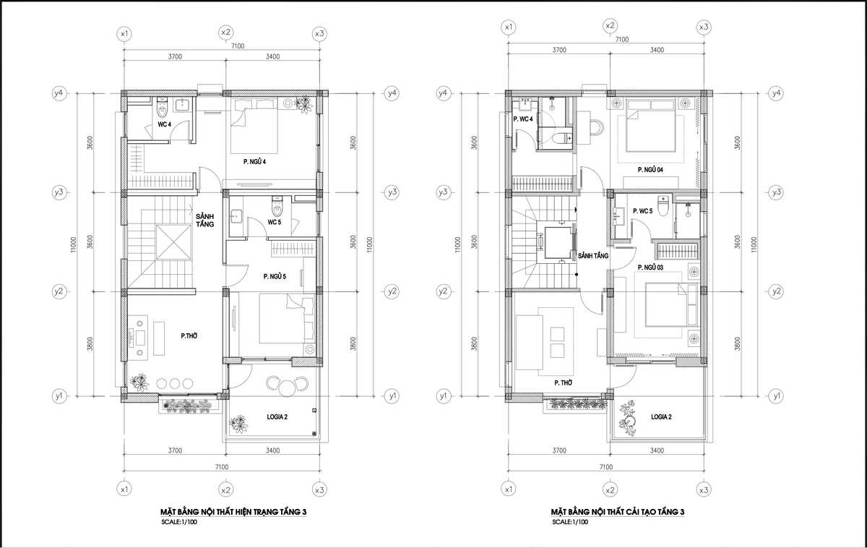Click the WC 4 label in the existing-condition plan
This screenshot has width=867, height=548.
pyautogui.click(x=164, y=124)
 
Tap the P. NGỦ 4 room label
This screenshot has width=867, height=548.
pyautogui.click(x=254, y=161)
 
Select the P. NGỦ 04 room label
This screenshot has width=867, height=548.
pyautogui.click(x=650, y=170)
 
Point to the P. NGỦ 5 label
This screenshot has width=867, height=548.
pyautogui.click(x=275, y=276)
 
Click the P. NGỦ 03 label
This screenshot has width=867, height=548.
pyautogui.click(x=650, y=267)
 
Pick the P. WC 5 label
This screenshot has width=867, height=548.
pyautogui.click(x=642, y=211)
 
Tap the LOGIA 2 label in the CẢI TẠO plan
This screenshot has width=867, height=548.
pyautogui.click(x=661, y=416)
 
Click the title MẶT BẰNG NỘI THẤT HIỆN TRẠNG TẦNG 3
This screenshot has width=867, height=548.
pyautogui.click(x=233, y=512)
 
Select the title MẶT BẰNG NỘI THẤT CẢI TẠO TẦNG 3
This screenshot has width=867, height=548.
pyautogui.click(x=617, y=512)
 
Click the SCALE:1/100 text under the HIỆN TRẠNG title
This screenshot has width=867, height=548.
pyautogui.click(x=179, y=522)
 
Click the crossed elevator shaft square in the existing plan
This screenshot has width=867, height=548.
pyautogui.click(x=174, y=241)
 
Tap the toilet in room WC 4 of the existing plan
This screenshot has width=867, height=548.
pyautogui.click(x=162, y=108)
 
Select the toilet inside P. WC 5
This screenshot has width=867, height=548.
pyautogui.click(x=664, y=206)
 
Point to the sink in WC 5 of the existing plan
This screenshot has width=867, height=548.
pyautogui.click(x=236, y=217)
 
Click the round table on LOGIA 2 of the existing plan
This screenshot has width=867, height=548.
pyautogui.click(x=287, y=388)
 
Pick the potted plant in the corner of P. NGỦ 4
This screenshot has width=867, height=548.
pyautogui.click(x=303, y=104)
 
